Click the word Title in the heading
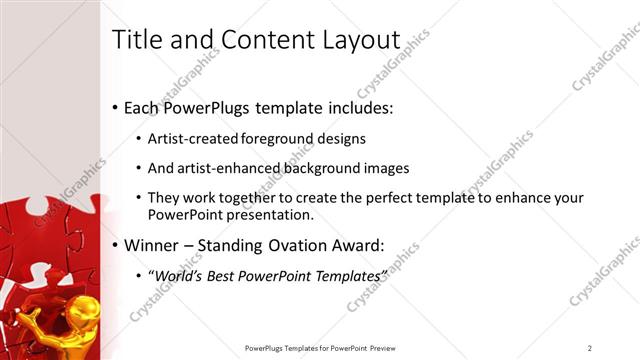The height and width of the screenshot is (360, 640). pyautogui.click(x=134, y=39)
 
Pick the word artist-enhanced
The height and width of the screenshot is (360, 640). pyautogui.click(x=225, y=168)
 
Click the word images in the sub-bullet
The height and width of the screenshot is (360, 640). pyautogui.click(x=386, y=168)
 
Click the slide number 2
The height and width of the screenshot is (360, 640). pyautogui.click(x=590, y=348)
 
